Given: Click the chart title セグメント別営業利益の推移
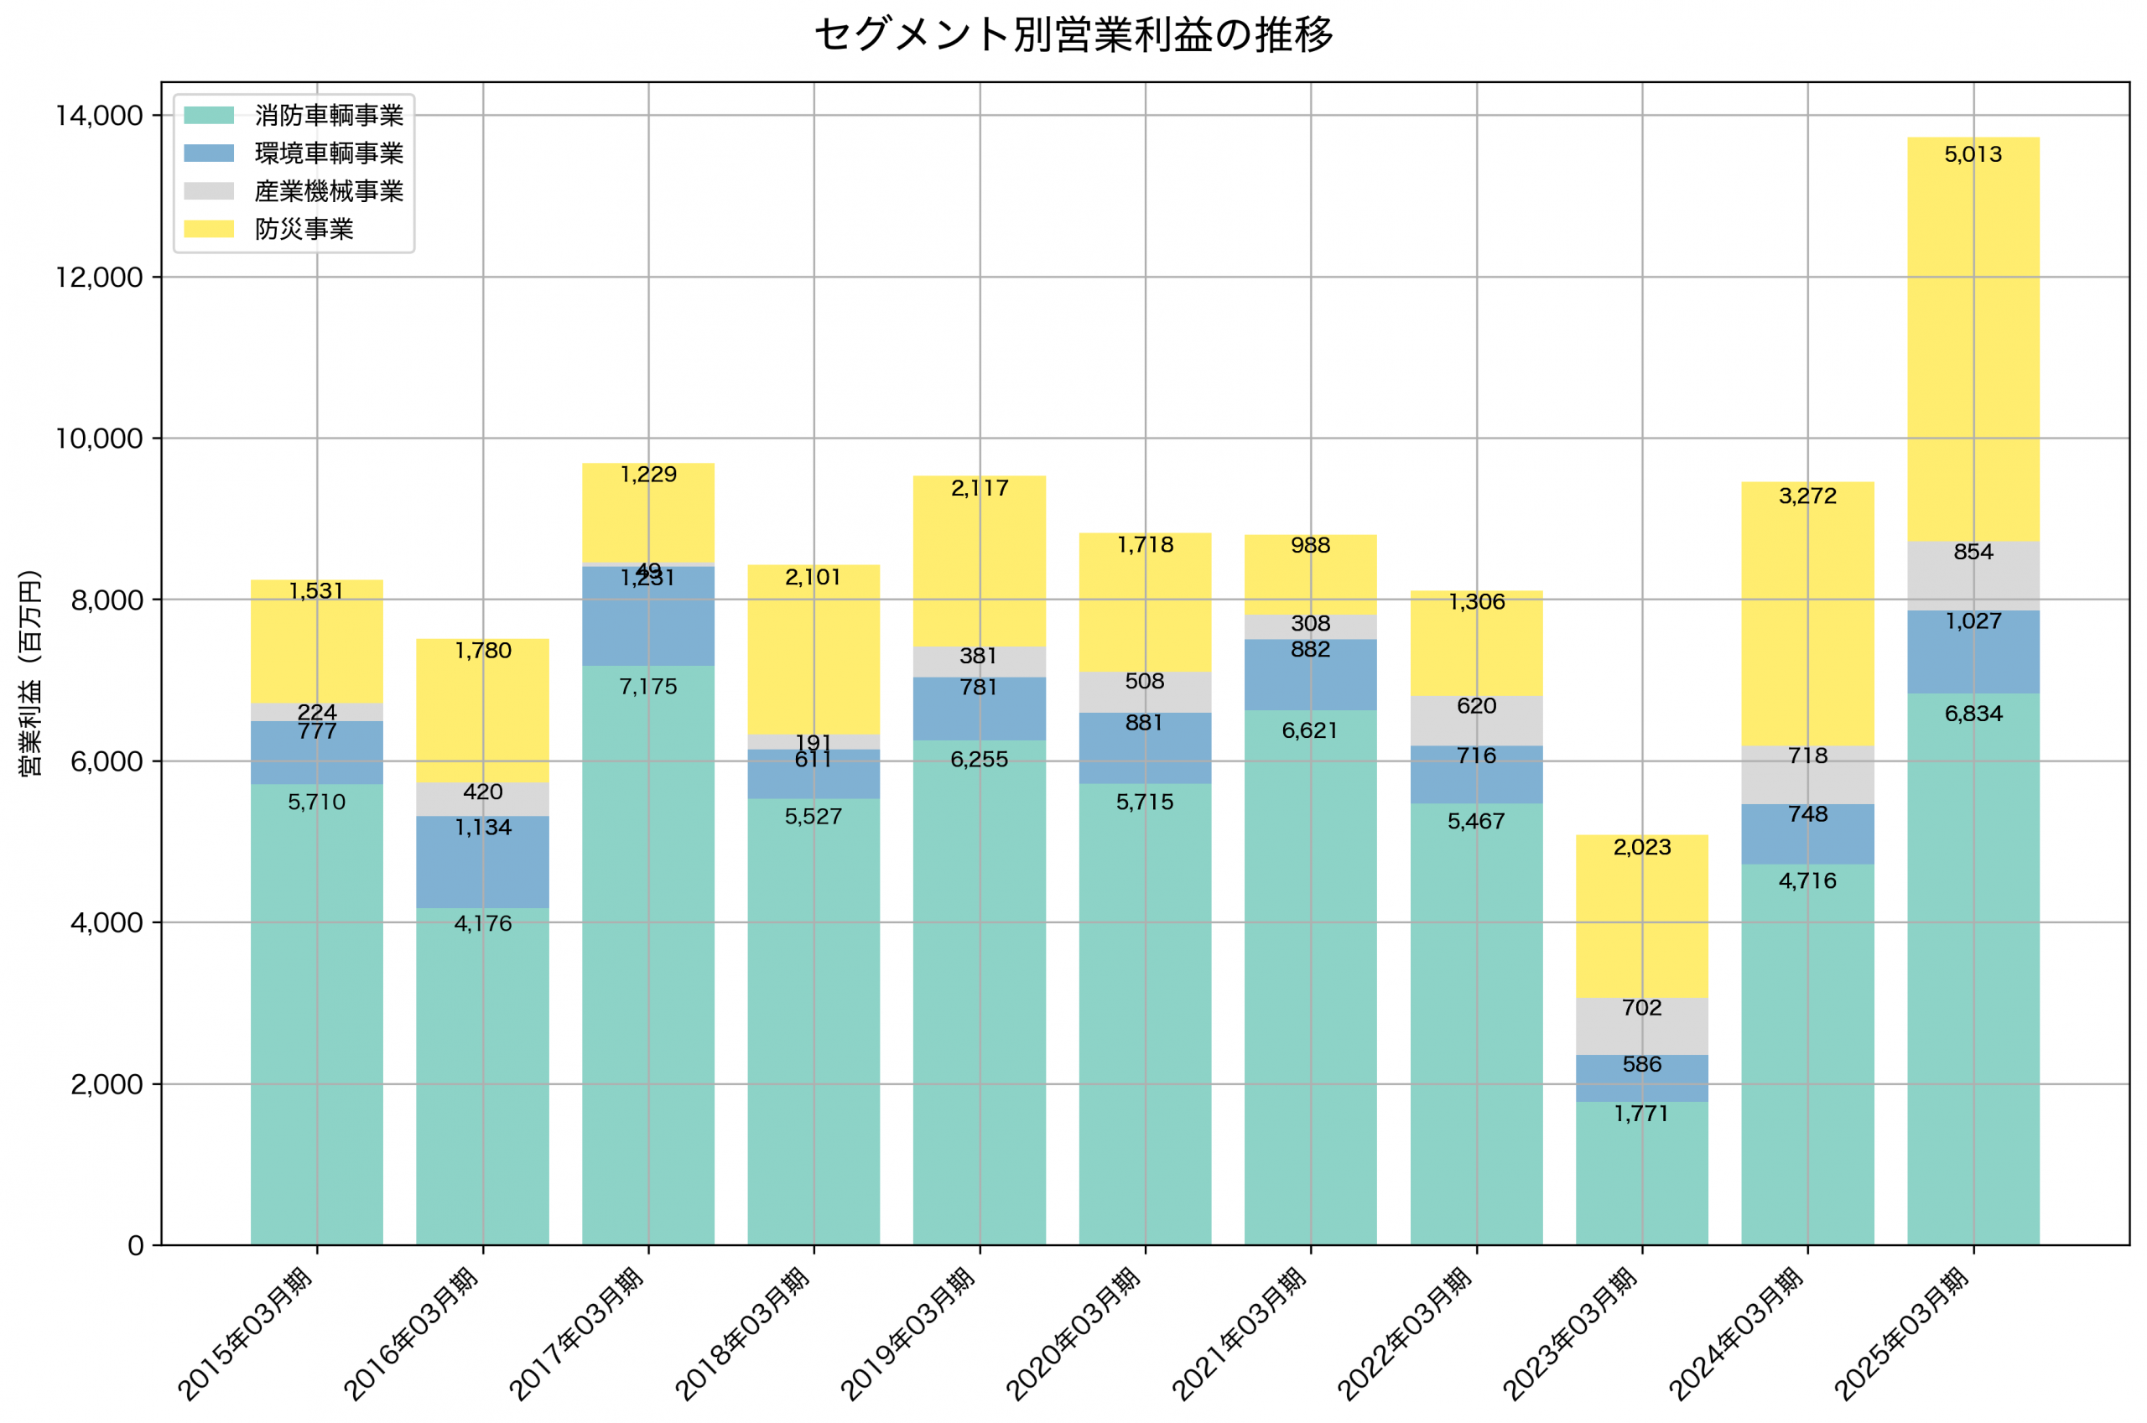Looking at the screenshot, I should pyautogui.click(x=1073, y=34).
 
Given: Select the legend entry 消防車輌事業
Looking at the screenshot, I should pyautogui.click(x=329, y=115).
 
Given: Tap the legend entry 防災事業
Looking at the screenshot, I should pyautogui.click(x=304, y=229).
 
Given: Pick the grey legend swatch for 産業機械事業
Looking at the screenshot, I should pyautogui.click(x=209, y=190).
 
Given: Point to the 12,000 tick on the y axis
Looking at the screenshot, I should pyautogui.click(x=99, y=277).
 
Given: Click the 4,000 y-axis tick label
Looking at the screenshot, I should pyautogui.click(x=107, y=922).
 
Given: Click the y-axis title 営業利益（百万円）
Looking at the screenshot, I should pyautogui.click(x=30, y=673).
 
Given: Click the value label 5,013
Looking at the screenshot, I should pyautogui.click(x=1973, y=154).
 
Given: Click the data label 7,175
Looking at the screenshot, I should pyautogui.click(x=648, y=687).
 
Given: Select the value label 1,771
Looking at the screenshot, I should pyautogui.click(x=1641, y=1114).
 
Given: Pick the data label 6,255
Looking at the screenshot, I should pyautogui.click(x=979, y=760).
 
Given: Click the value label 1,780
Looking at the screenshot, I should pyautogui.click(x=483, y=651).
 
